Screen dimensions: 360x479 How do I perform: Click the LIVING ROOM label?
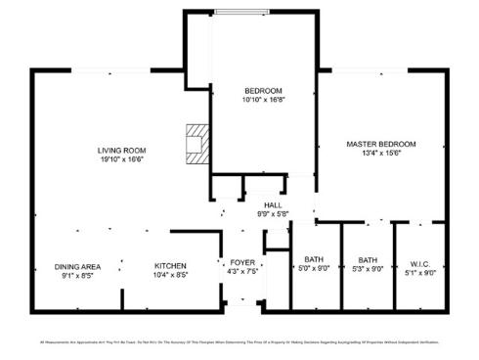[x=121, y=150]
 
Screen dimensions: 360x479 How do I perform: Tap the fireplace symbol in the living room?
[x=197, y=142]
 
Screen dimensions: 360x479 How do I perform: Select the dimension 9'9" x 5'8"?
[x=272, y=213]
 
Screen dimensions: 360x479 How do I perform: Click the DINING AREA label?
[x=77, y=267]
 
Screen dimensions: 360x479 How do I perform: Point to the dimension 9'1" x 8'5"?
[x=77, y=276]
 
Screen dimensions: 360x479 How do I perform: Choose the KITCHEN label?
[x=169, y=267]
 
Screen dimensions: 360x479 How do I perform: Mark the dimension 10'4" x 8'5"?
[x=169, y=276]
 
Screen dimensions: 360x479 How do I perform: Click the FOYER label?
[x=240, y=263]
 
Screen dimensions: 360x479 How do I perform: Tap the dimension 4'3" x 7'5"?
[x=240, y=272]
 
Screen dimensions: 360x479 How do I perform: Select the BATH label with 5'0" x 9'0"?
[x=314, y=259]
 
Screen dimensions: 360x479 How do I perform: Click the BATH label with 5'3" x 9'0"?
[x=367, y=259]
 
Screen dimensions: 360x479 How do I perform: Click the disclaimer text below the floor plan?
[x=239, y=342]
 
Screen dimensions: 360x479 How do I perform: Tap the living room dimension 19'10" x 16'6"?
[x=121, y=158]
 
